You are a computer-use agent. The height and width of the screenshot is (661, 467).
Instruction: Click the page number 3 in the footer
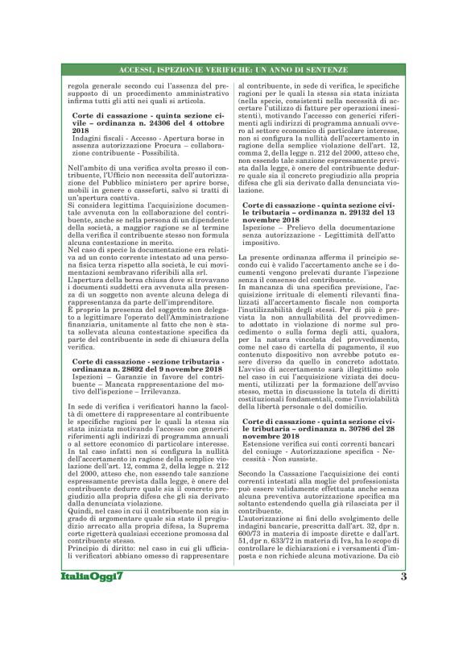tap(403, 621)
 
